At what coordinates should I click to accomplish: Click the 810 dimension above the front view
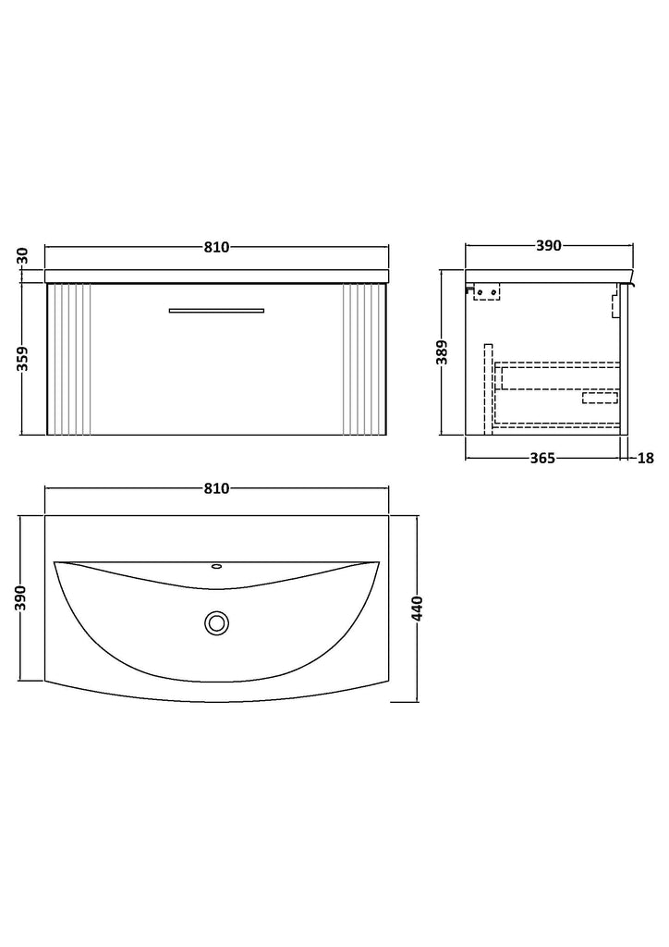(x=216, y=247)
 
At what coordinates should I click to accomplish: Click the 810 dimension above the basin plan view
(x=216, y=488)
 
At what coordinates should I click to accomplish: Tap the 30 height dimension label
(x=23, y=257)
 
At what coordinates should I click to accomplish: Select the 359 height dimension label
(x=23, y=359)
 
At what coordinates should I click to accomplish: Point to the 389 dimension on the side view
(x=443, y=352)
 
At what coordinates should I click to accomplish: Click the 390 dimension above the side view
(x=549, y=246)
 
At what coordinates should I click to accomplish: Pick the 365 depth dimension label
(x=542, y=459)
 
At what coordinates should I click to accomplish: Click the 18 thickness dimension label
(x=646, y=459)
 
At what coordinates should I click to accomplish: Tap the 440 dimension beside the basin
(x=418, y=609)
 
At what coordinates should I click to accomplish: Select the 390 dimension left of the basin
(x=23, y=598)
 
